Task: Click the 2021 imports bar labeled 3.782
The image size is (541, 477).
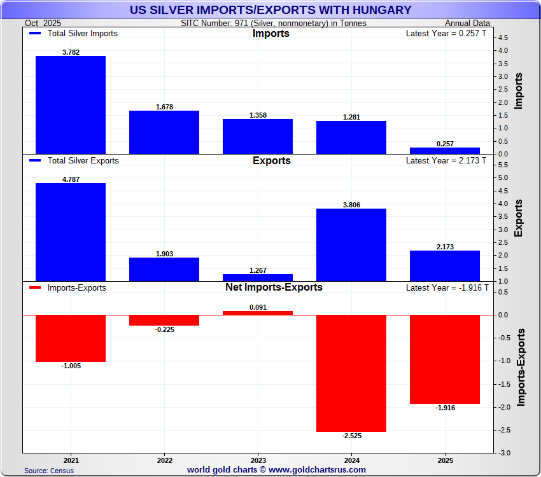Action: click(x=71, y=105)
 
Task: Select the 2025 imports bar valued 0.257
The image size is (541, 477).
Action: click(x=445, y=151)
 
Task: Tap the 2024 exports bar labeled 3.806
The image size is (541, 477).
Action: click(x=351, y=245)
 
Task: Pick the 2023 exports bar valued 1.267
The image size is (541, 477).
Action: click(x=258, y=278)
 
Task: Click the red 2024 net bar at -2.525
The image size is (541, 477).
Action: click(x=351, y=373)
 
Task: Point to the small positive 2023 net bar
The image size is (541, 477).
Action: click(x=258, y=313)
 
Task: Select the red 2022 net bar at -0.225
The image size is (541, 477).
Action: click(x=164, y=321)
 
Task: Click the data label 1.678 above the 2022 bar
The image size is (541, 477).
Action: click(x=164, y=107)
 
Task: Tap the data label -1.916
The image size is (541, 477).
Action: click(x=445, y=408)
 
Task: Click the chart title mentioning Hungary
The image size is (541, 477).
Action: click(x=270, y=10)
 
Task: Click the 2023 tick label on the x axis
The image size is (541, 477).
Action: click(x=258, y=459)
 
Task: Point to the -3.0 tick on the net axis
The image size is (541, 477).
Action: click(x=503, y=453)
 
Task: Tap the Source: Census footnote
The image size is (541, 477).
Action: click(x=49, y=471)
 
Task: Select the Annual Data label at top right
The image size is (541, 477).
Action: click(x=467, y=24)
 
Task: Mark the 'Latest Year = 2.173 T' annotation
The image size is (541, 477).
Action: click(x=446, y=161)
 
